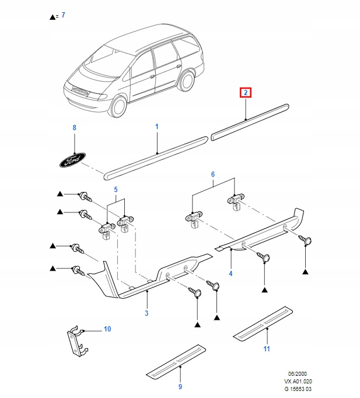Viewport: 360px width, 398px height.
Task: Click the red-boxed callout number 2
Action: (246, 93)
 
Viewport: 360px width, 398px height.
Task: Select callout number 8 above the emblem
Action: (74, 127)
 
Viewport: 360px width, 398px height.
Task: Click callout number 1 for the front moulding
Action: (156, 126)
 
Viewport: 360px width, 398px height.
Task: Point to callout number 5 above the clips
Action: (116, 189)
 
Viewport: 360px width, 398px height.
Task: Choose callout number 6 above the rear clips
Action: (213, 174)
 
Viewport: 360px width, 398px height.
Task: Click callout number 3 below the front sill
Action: (146, 314)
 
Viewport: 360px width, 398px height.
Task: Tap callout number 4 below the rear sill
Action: (230, 273)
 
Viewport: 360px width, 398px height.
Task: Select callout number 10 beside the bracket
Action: (107, 329)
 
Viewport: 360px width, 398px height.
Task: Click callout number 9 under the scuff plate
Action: (180, 387)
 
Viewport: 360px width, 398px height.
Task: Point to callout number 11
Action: (267, 349)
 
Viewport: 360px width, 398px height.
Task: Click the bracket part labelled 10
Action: (75, 341)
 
